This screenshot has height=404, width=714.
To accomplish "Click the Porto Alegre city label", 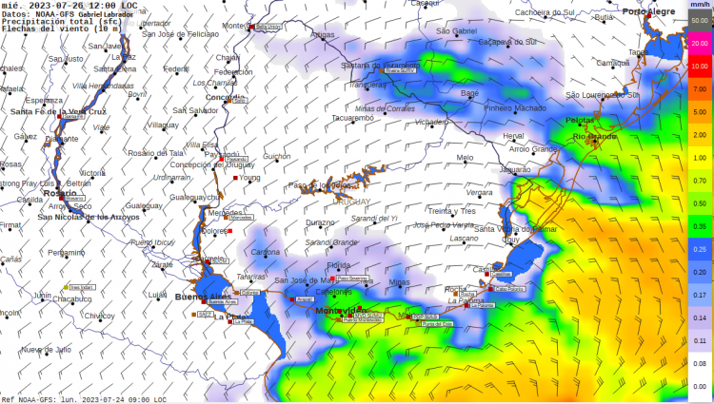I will (648, 11).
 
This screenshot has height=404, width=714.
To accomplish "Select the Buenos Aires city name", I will (197, 298).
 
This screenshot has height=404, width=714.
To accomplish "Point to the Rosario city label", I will (60, 192).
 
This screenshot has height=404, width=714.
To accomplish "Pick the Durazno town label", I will (320, 222).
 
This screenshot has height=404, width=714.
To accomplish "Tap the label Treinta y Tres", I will (452, 210).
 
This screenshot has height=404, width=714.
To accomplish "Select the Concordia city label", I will (226, 97).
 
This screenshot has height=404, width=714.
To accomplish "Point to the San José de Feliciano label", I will (180, 34).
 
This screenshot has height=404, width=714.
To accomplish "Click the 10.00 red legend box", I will (700, 66).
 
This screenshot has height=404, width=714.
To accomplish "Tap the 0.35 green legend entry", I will (700, 226).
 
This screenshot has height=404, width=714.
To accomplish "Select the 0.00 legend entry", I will (700, 386).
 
